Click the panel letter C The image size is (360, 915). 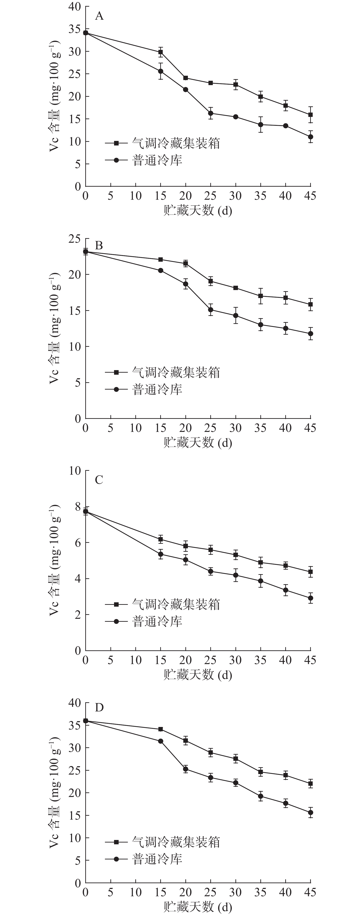tap(99, 480)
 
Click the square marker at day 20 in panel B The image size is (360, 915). tap(186, 263)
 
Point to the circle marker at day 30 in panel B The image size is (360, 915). tap(236, 315)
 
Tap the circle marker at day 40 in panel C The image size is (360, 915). tap(285, 590)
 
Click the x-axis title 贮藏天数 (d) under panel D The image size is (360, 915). tap(198, 907)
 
